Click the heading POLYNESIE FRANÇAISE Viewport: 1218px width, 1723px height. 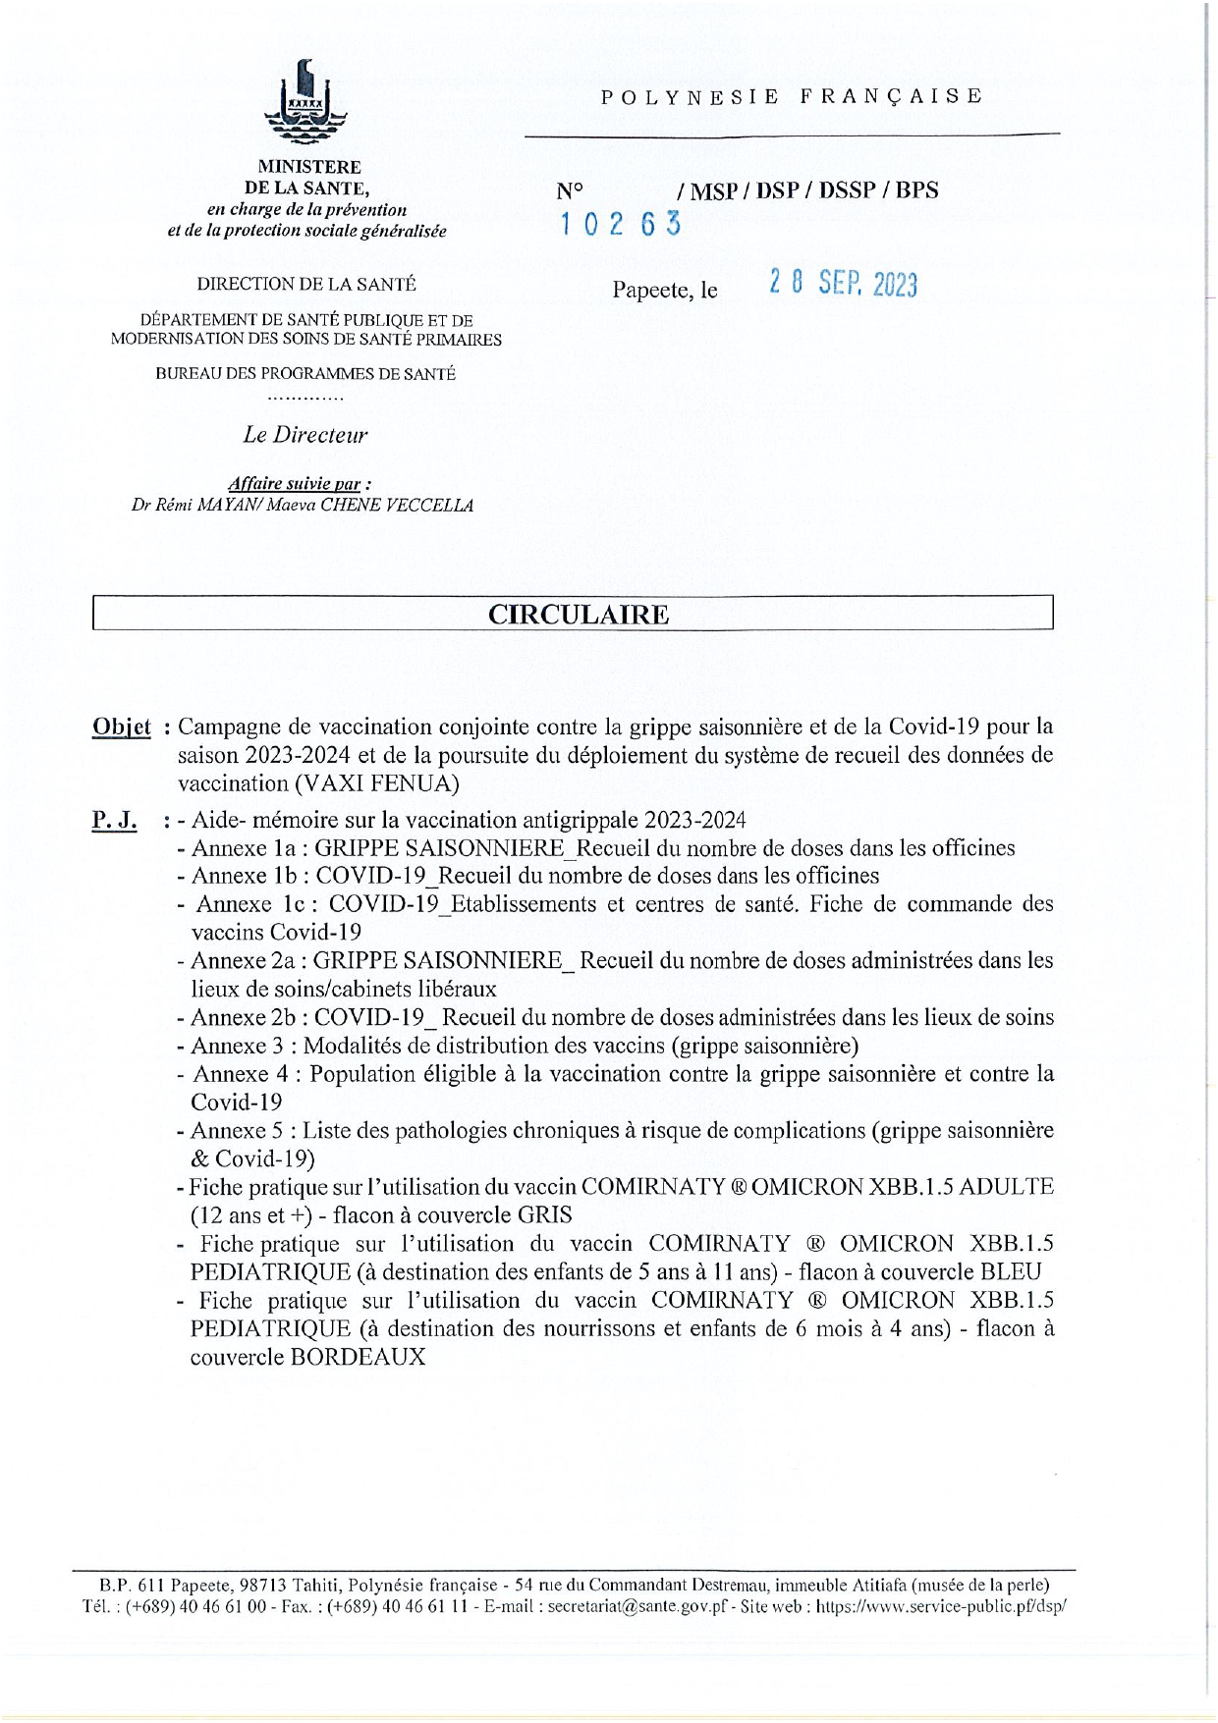(x=792, y=96)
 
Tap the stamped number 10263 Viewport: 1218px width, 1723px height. (x=620, y=225)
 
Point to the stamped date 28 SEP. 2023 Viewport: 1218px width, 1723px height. (x=843, y=285)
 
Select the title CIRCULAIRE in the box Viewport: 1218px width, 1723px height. (x=579, y=615)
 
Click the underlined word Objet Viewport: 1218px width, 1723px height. (x=122, y=727)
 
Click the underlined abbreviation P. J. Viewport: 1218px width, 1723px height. (x=114, y=821)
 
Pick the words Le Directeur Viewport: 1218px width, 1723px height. (x=305, y=435)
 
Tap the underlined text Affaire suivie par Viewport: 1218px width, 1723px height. (x=299, y=483)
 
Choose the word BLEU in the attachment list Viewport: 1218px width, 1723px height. (x=1011, y=1272)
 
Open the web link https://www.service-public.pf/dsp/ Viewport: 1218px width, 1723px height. (x=942, y=1607)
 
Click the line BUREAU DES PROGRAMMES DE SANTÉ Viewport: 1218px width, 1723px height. (x=305, y=374)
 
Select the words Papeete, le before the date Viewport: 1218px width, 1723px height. (x=665, y=291)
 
